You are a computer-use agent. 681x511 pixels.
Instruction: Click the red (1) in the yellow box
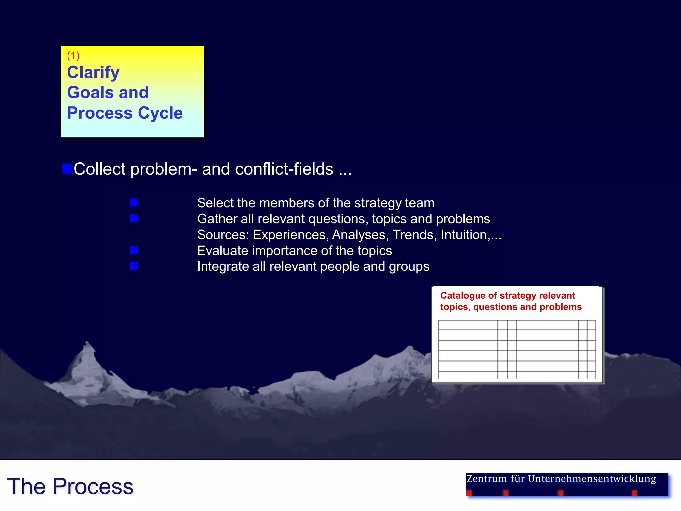pyautogui.click(x=73, y=55)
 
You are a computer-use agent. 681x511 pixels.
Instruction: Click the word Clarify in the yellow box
pyautogui.click(x=93, y=72)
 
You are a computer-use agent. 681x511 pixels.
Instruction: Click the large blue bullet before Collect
pyautogui.click(x=67, y=169)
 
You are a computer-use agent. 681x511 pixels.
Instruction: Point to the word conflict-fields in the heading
pyautogui.click(x=284, y=169)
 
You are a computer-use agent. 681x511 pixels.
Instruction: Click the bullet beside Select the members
pyautogui.click(x=134, y=203)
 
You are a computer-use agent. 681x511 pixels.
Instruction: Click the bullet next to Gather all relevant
pyautogui.click(x=134, y=219)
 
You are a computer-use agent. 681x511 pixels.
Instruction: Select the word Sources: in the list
pyautogui.click(x=223, y=235)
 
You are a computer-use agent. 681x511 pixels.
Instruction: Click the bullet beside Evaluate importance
pyautogui.click(x=134, y=250)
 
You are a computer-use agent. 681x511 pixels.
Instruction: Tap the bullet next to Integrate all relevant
pyautogui.click(x=134, y=266)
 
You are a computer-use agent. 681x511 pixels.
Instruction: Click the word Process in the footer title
pyautogui.click(x=93, y=486)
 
